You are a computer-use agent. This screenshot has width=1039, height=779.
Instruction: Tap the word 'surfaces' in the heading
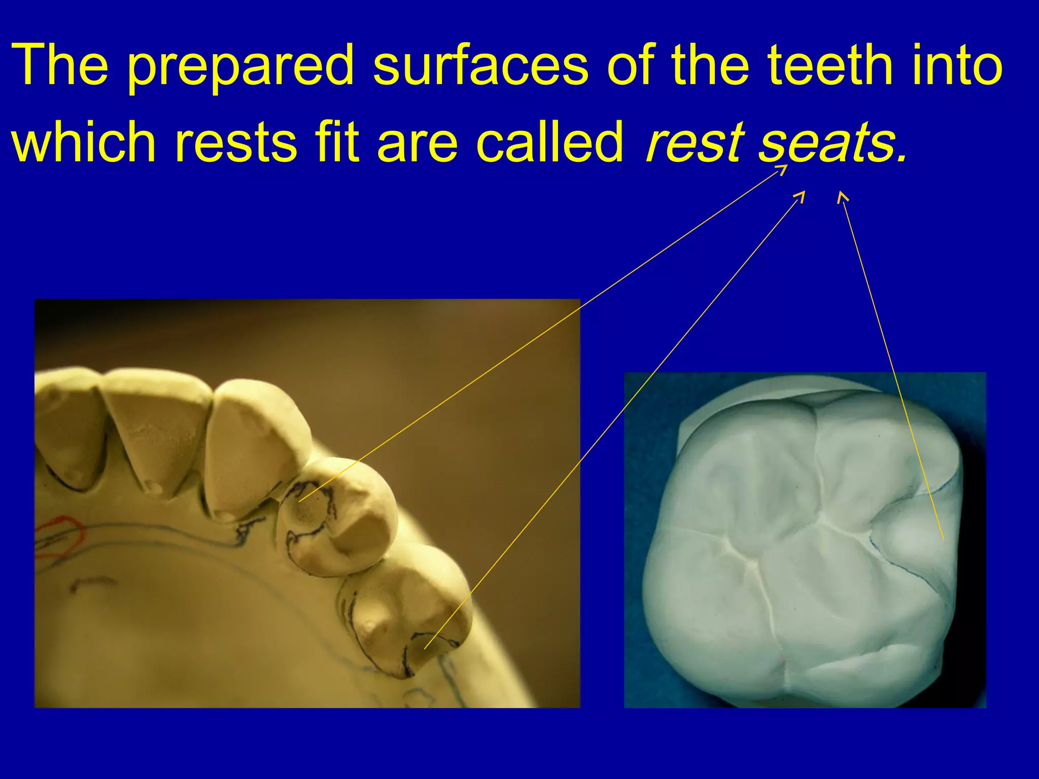click(x=480, y=66)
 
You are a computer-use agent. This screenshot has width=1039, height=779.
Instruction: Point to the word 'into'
click(x=956, y=66)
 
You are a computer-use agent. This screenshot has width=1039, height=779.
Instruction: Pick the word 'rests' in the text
click(x=235, y=143)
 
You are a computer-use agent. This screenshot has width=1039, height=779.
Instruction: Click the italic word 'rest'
click(x=694, y=143)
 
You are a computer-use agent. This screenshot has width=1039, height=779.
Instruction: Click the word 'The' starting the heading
click(x=60, y=66)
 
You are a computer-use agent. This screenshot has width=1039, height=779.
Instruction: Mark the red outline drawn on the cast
click(x=60, y=538)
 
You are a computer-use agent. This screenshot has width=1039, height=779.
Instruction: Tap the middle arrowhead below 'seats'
click(x=801, y=196)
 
